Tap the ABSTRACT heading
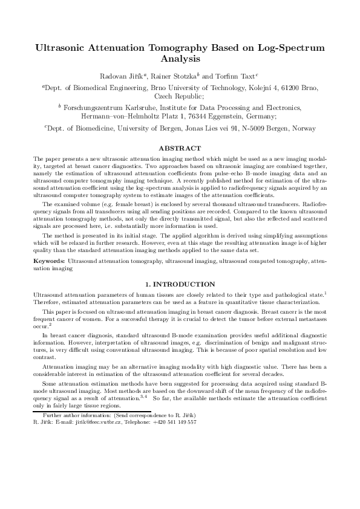pyautogui.click(x=180, y=148)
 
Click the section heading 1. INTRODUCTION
pyautogui.click(x=180, y=284)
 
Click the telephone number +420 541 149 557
pyautogui.click(x=174, y=422)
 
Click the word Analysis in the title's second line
pyautogui.click(x=180, y=59)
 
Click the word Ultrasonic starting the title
pyautogui.click(x=62, y=47)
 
